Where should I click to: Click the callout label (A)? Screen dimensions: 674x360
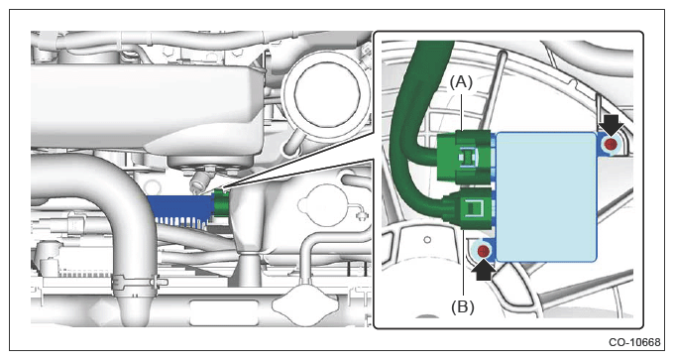pos(461,82)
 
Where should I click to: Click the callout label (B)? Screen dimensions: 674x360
pos(463,307)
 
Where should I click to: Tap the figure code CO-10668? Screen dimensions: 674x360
pos(634,342)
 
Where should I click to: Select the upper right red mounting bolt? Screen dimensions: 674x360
pos(611,144)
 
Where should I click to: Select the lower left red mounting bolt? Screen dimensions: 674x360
pos(484,251)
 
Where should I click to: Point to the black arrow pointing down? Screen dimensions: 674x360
pos(611,125)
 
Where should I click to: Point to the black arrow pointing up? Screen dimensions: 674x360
pos(483,270)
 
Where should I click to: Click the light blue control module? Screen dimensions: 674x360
pos(546,197)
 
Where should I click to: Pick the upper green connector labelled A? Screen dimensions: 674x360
pos(464,156)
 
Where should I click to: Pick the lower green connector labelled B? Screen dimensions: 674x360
pos(469,209)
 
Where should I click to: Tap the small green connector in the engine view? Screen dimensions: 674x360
pos(222,202)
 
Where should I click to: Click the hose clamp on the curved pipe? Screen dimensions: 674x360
pos(137,283)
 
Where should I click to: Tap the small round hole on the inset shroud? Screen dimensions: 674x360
pos(427,240)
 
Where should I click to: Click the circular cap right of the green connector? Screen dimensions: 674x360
pos(323,205)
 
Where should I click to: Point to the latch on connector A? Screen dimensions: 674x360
pos(468,156)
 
